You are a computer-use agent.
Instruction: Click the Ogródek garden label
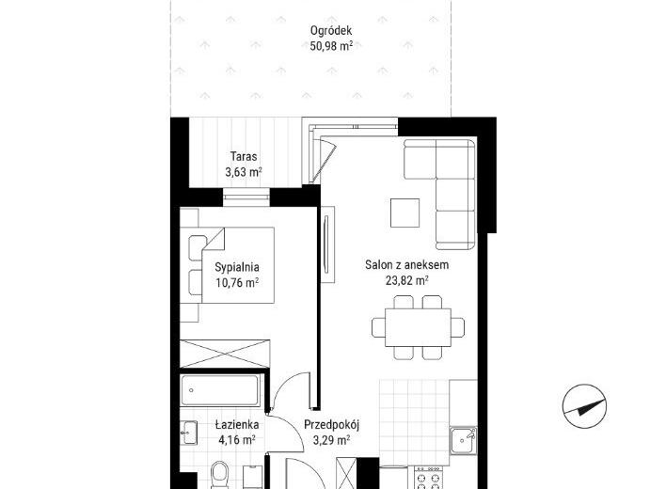pos(331,31)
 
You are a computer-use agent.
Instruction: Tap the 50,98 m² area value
pos(331,46)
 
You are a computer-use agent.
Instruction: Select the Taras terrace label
pos(244,156)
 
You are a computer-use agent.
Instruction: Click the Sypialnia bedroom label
pos(237,267)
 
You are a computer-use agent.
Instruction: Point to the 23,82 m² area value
pos(406,280)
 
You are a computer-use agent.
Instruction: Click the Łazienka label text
pos(237,424)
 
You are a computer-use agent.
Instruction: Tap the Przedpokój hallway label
pos(332,425)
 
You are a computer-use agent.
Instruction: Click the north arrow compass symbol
pos(584,406)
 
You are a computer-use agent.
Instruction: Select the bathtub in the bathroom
pos(220,390)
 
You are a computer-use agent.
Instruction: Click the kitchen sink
pos(464,441)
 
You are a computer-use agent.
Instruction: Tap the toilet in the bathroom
pos(219,476)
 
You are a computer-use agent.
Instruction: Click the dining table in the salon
pos(418,327)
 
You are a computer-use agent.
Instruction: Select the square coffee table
pos(405,213)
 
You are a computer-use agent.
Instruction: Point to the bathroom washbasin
pos(188,433)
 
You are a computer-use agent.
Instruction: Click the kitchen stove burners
pos(429,479)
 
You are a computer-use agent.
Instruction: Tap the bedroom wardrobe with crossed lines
pos(225,354)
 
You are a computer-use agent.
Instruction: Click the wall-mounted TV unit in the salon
pos(328,244)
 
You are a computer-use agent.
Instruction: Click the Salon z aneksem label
pos(407,265)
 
